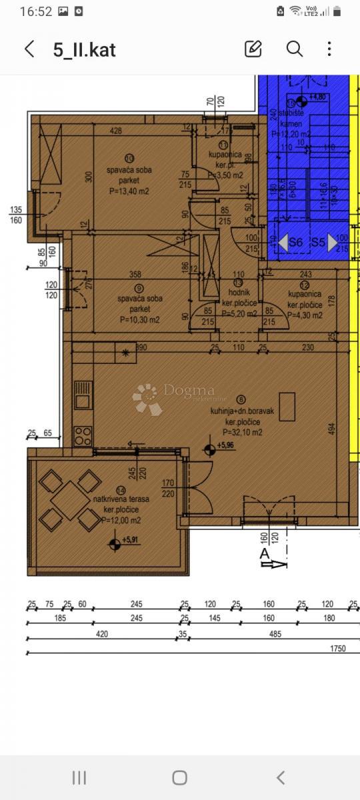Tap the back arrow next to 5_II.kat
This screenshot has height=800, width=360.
point(29,49)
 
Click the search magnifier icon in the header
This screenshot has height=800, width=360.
point(294,49)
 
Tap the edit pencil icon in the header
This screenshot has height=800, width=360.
point(253,49)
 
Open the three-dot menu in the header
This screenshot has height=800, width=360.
point(329,49)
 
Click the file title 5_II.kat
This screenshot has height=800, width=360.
point(84,50)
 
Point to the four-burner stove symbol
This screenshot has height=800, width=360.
point(83,436)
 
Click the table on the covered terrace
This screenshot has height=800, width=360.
point(70,499)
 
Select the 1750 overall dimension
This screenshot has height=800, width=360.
point(339,647)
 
